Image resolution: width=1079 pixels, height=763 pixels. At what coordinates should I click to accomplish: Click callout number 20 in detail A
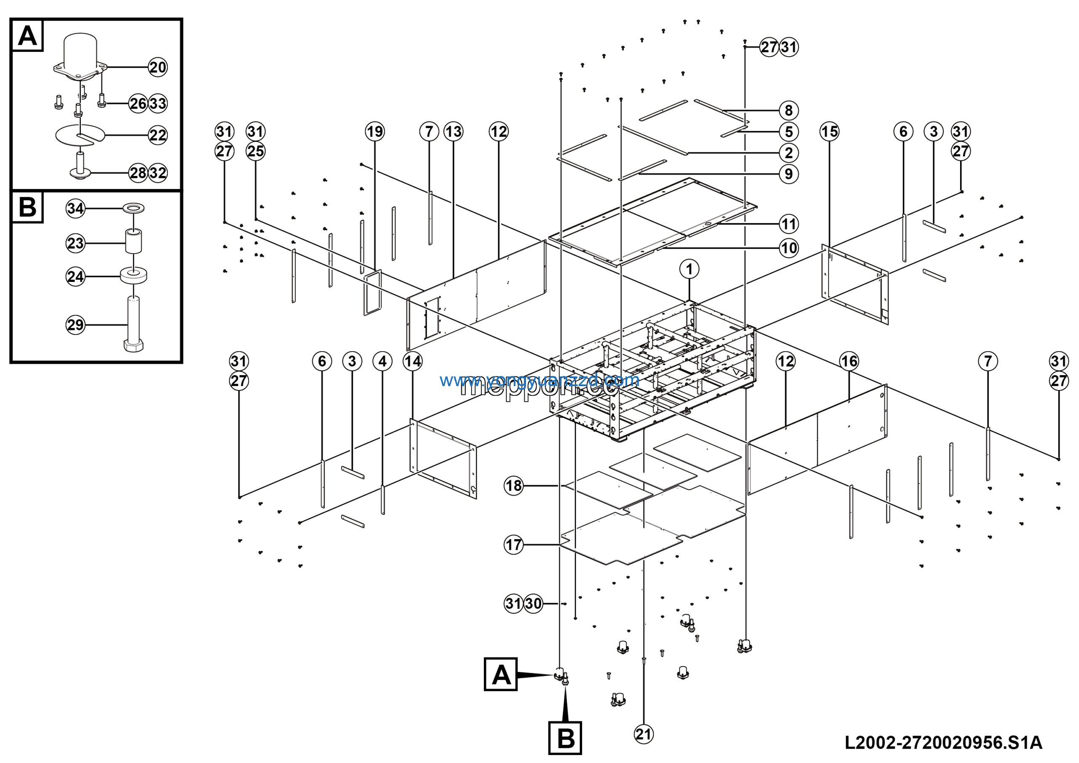158,67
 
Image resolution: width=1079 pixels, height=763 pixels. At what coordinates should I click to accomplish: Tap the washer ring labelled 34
134,208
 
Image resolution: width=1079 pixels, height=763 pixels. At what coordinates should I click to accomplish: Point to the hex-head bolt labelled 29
134,325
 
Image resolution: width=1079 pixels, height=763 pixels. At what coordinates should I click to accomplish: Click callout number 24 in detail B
75,276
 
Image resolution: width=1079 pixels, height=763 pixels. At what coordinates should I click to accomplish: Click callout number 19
375,131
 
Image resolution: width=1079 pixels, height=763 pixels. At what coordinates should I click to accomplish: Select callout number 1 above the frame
689,269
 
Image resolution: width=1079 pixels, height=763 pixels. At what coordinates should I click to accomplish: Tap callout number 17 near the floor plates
513,545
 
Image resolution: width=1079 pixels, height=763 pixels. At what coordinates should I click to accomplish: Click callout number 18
513,485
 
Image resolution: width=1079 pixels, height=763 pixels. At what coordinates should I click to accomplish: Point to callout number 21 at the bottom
643,734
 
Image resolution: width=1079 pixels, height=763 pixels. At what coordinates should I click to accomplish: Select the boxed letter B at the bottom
565,738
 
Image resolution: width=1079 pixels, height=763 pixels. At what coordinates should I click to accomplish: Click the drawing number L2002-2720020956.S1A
943,743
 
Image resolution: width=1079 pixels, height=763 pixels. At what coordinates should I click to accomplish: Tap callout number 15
829,131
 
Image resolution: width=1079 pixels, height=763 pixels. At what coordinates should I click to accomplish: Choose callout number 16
849,361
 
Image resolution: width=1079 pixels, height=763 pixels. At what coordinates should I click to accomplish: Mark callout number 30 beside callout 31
533,603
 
